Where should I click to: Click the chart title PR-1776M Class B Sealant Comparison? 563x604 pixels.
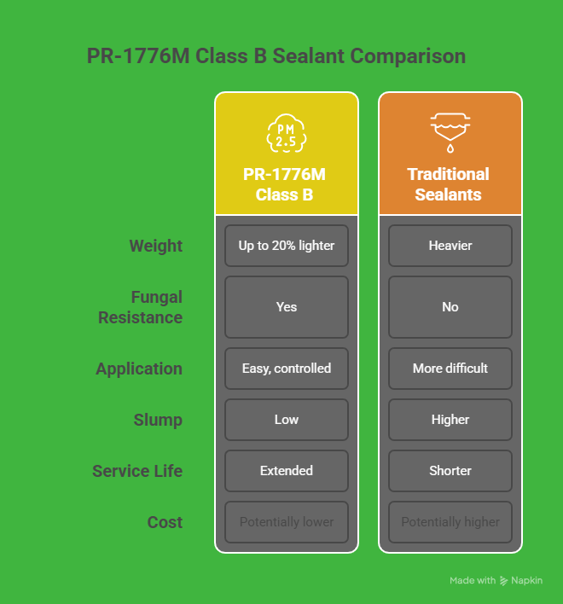(276, 56)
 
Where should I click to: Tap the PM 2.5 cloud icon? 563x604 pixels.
(286, 132)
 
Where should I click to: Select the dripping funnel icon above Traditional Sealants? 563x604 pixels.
(450, 131)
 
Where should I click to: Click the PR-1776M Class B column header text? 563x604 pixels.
(285, 184)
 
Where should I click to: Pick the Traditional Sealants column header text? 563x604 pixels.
(449, 184)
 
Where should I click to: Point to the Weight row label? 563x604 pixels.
(155, 246)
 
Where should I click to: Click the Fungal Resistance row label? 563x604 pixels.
(140, 307)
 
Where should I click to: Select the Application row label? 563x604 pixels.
(139, 369)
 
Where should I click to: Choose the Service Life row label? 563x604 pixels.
(137, 471)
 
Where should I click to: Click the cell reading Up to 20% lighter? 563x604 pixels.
(287, 246)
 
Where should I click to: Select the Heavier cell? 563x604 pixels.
(450, 246)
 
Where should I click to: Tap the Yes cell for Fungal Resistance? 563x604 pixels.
(287, 307)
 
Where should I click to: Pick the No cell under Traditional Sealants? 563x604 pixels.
(450, 307)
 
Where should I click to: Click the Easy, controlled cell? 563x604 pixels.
(287, 369)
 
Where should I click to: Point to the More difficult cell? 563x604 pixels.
(450, 369)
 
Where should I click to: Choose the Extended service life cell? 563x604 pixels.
(287, 471)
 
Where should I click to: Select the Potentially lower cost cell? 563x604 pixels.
(287, 522)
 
